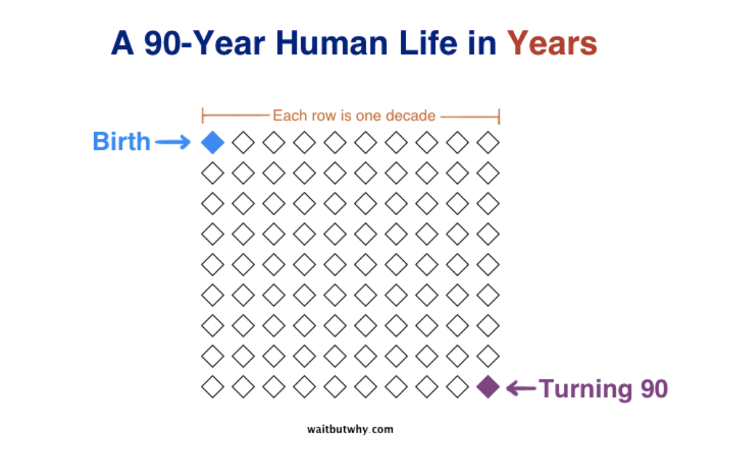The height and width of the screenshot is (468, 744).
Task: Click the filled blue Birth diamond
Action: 212,143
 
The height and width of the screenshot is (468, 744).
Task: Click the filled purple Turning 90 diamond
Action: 488,387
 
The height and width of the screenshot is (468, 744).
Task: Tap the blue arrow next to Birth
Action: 172,143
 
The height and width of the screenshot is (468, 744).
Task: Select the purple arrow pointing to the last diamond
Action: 521,388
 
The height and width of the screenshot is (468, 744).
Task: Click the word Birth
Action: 122,142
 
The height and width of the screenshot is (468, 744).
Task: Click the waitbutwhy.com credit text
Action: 351,429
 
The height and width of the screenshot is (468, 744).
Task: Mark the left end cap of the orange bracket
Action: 203,116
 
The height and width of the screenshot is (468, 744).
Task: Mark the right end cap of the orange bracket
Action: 498,116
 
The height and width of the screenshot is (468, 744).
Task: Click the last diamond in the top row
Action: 488,143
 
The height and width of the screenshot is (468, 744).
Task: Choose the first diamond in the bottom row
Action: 212,387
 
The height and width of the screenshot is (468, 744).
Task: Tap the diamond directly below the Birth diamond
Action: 212,173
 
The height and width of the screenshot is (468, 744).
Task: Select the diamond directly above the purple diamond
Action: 488,357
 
